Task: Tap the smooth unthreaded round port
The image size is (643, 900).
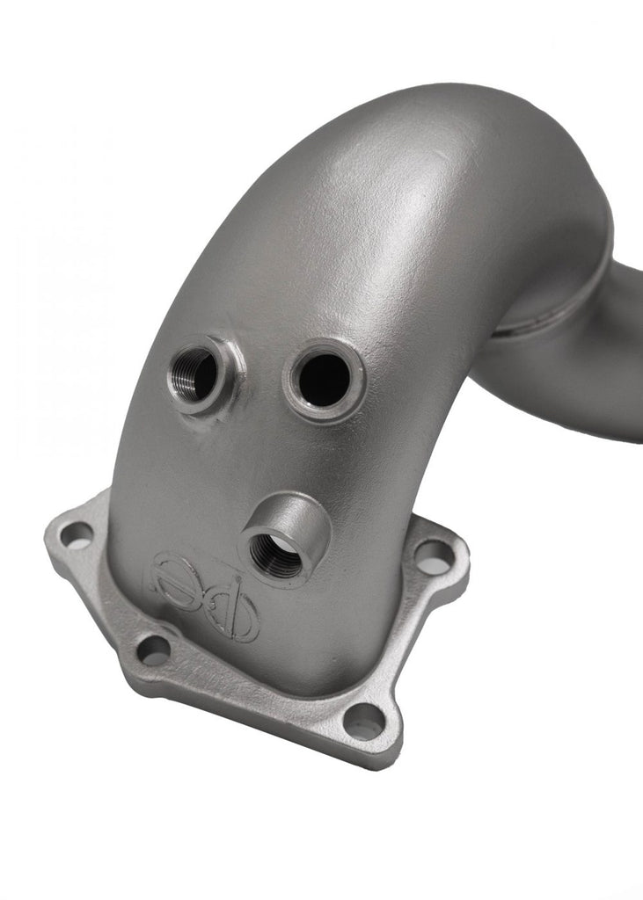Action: (x=323, y=380)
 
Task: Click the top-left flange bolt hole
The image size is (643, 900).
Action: (x=77, y=534)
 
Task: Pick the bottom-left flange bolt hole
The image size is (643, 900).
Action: (x=154, y=650)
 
